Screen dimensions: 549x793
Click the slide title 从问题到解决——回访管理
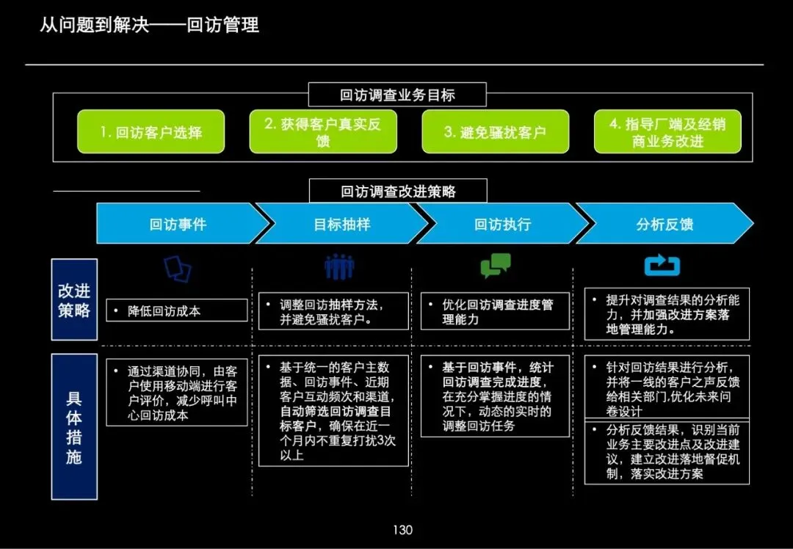tap(149, 25)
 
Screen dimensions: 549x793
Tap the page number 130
tap(402, 530)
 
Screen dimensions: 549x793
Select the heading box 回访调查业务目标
tap(397, 95)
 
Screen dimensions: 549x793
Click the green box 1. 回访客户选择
tap(151, 132)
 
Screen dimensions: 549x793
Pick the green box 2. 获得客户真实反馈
tap(323, 132)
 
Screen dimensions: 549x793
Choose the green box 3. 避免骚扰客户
tap(495, 132)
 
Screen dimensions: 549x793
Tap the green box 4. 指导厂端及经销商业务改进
tap(667, 132)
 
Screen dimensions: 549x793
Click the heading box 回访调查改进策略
tap(398, 192)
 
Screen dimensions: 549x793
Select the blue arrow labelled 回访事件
tap(178, 224)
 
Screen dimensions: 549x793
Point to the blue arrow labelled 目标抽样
tap(341, 224)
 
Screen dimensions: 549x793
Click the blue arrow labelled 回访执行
tap(502, 224)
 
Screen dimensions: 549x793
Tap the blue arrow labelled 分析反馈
tap(665, 224)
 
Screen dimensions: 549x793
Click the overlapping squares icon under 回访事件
tap(178, 269)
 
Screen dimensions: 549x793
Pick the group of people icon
tap(339, 266)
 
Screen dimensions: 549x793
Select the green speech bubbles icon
tap(496, 266)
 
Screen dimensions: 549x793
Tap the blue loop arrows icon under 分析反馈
tap(662, 266)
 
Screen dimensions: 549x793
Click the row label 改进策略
tap(74, 299)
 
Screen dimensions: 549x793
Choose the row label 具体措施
tap(74, 427)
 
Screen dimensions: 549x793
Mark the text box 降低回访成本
tap(177, 310)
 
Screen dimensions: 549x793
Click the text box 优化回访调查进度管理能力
tap(496, 312)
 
